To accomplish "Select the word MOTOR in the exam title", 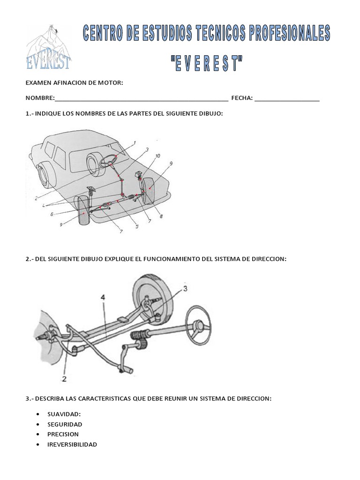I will coord(109,83).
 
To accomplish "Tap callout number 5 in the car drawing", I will coord(137,227).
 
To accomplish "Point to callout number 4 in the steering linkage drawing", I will coord(102,297).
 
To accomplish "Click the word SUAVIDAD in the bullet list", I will coord(64,414).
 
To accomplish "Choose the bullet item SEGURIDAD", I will coord(65,424).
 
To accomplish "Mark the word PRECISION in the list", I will coord(63,434).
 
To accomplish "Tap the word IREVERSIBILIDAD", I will coord(72,444).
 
